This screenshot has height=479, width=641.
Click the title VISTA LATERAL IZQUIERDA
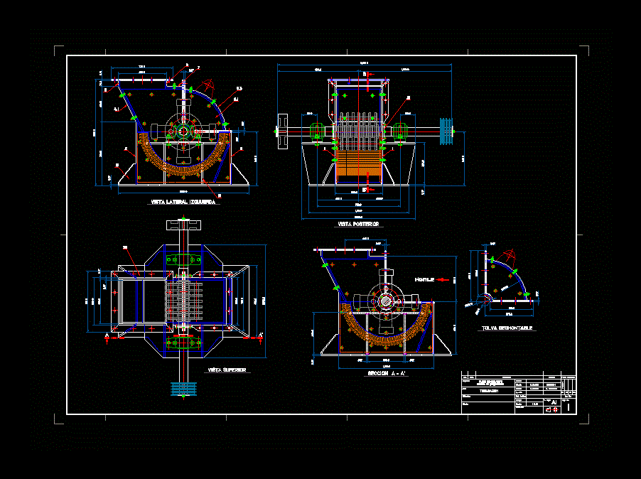(x=184, y=203)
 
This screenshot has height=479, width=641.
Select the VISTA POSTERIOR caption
(x=358, y=225)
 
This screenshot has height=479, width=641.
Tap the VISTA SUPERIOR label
(x=227, y=371)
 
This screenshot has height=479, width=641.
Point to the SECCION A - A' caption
(x=387, y=374)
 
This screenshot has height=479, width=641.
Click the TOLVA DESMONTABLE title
(x=507, y=328)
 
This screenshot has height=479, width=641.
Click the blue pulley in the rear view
(x=446, y=131)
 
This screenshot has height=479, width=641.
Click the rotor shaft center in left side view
(x=183, y=131)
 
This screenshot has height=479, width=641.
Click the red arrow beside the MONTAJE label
(x=445, y=279)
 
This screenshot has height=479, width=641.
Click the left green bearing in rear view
(x=318, y=131)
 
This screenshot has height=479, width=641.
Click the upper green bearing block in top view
(x=185, y=260)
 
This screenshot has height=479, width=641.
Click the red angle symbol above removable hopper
(x=510, y=254)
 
